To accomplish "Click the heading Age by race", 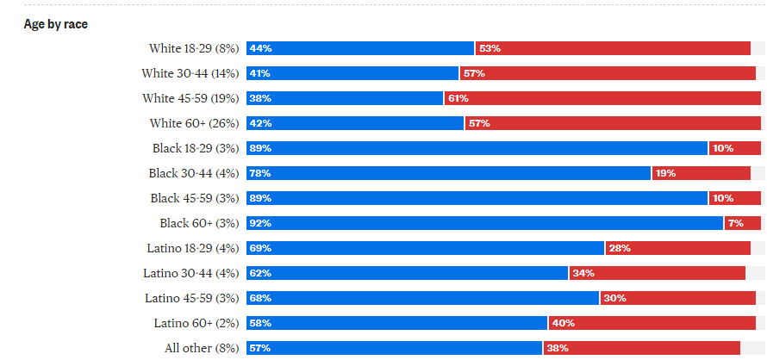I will [x=55, y=24].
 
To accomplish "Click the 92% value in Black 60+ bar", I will [x=260, y=223].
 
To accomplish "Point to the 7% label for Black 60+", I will [x=735, y=223].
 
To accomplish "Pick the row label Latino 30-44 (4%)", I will [x=191, y=273].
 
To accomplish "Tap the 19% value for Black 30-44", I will [x=664, y=173].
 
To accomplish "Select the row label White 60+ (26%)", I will [x=194, y=123].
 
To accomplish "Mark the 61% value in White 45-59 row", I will [x=458, y=98].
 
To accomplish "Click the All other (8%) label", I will [x=202, y=348].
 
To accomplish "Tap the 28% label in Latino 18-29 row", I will [x=620, y=248].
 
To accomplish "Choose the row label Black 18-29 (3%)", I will [x=194, y=148].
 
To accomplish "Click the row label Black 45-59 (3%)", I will [x=194, y=198].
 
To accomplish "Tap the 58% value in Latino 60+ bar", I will [x=260, y=323].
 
